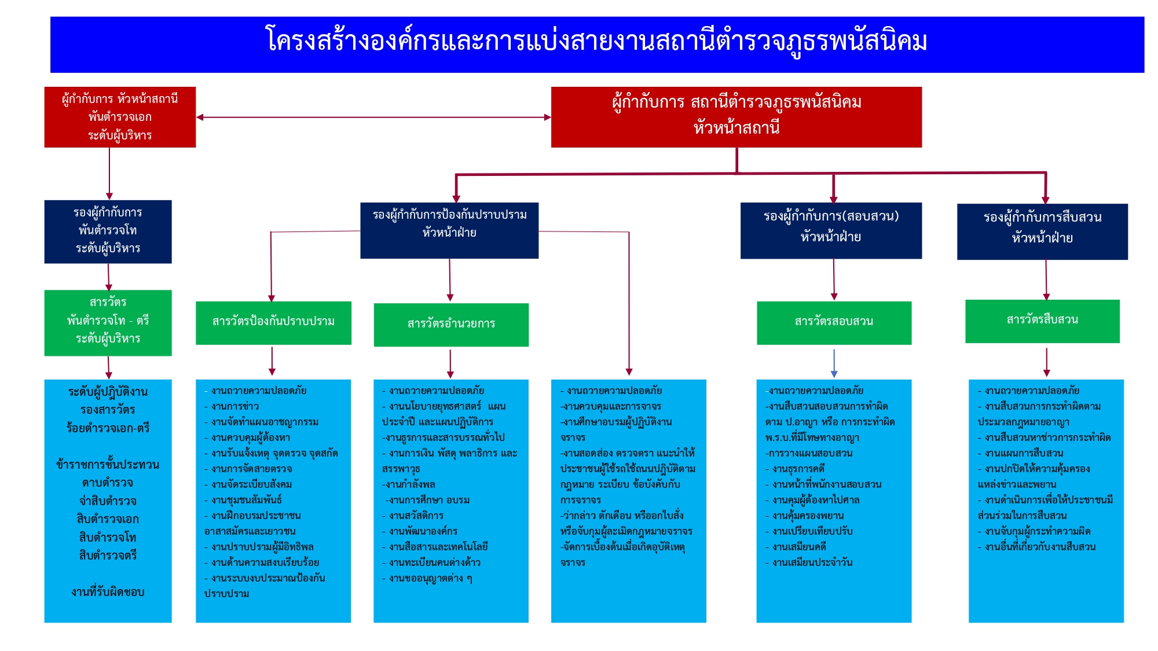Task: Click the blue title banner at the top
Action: [596, 44]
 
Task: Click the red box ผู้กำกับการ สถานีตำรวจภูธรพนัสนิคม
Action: [736, 117]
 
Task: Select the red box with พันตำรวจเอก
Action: [120, 117]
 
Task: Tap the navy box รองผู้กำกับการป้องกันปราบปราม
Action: [449, 230]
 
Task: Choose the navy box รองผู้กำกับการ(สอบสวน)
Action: [831, 230]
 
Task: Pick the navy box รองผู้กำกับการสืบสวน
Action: [1042, 231]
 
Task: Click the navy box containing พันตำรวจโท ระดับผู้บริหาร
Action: [108, 231]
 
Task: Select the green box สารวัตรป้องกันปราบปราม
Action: [273, 322]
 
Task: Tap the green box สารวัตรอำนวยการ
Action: [451, 324]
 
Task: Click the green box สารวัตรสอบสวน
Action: [834, 322]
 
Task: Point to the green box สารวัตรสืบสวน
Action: [1042, 321]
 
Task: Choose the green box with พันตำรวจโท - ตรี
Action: [108, 322]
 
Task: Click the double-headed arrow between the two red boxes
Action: [373, 117]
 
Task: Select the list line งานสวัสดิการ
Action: [416, 516]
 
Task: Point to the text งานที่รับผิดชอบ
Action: [108, 592]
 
